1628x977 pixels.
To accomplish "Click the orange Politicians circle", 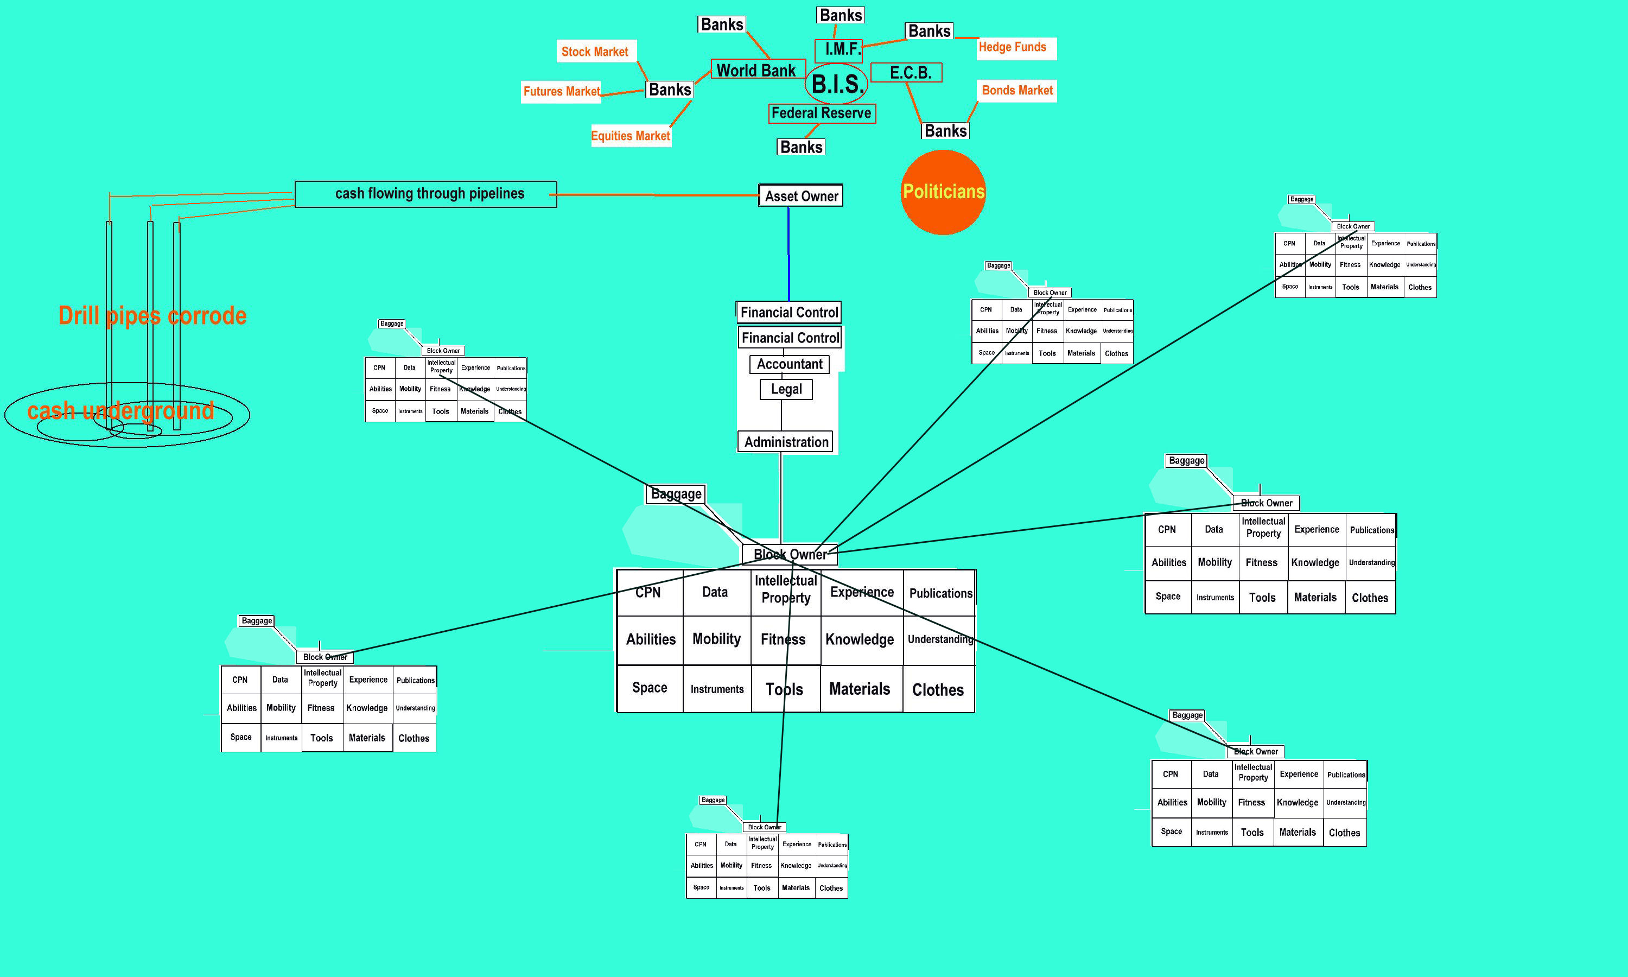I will (943, 192).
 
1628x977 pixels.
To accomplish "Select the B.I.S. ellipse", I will (836, 84).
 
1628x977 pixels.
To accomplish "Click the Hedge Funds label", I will (1013, 47).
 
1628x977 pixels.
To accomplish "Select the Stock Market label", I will (595, 52).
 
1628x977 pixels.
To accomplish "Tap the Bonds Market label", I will (1016, 90).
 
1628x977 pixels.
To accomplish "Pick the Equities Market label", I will (631, 136).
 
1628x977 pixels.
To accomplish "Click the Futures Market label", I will (561, 92).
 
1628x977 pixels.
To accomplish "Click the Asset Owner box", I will (801, 195).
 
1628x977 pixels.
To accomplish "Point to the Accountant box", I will (789, 364).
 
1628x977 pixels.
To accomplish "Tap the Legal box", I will (786, 389).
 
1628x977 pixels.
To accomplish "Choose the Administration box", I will (786, 442).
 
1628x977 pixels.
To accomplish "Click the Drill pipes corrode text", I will (152, 316).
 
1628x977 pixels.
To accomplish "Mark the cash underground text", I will (121, 411).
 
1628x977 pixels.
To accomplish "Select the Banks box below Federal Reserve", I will (801, 147).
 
